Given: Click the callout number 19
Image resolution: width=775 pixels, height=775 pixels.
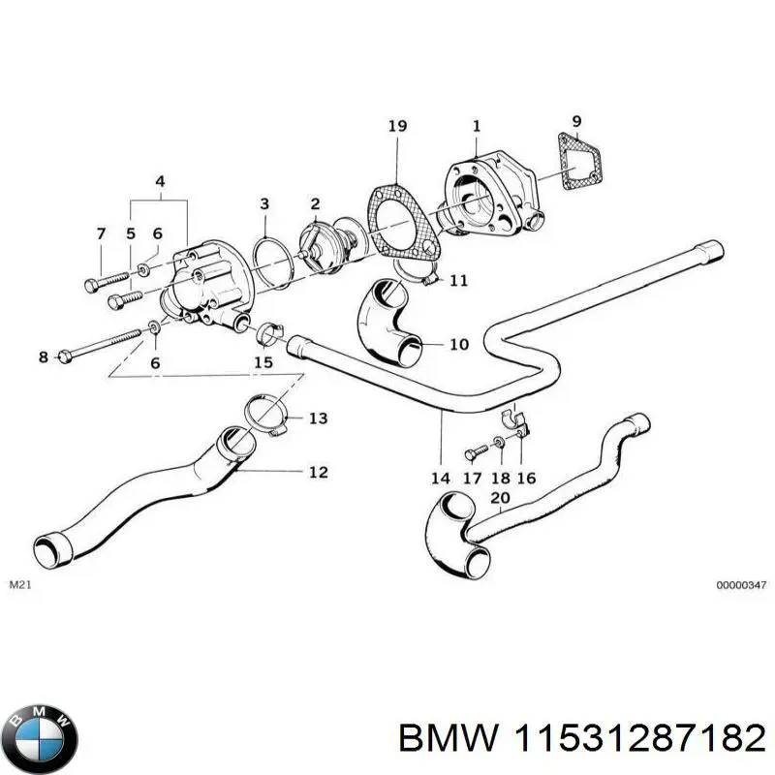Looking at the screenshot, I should [x=396, y=126].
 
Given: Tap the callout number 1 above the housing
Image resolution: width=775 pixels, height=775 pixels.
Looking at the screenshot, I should [x=476, y=126].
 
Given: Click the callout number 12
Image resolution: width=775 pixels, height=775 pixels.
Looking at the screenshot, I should [x=318, y=472].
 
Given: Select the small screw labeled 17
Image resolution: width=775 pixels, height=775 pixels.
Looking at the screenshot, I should [x=474, y=451].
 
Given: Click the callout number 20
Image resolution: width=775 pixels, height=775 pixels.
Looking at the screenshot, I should [x=500, y=499].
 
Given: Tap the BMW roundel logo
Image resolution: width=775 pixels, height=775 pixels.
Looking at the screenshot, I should [x=40, y=733].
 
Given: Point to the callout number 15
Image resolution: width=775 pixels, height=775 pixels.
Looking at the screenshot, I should [x=263, y=362].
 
